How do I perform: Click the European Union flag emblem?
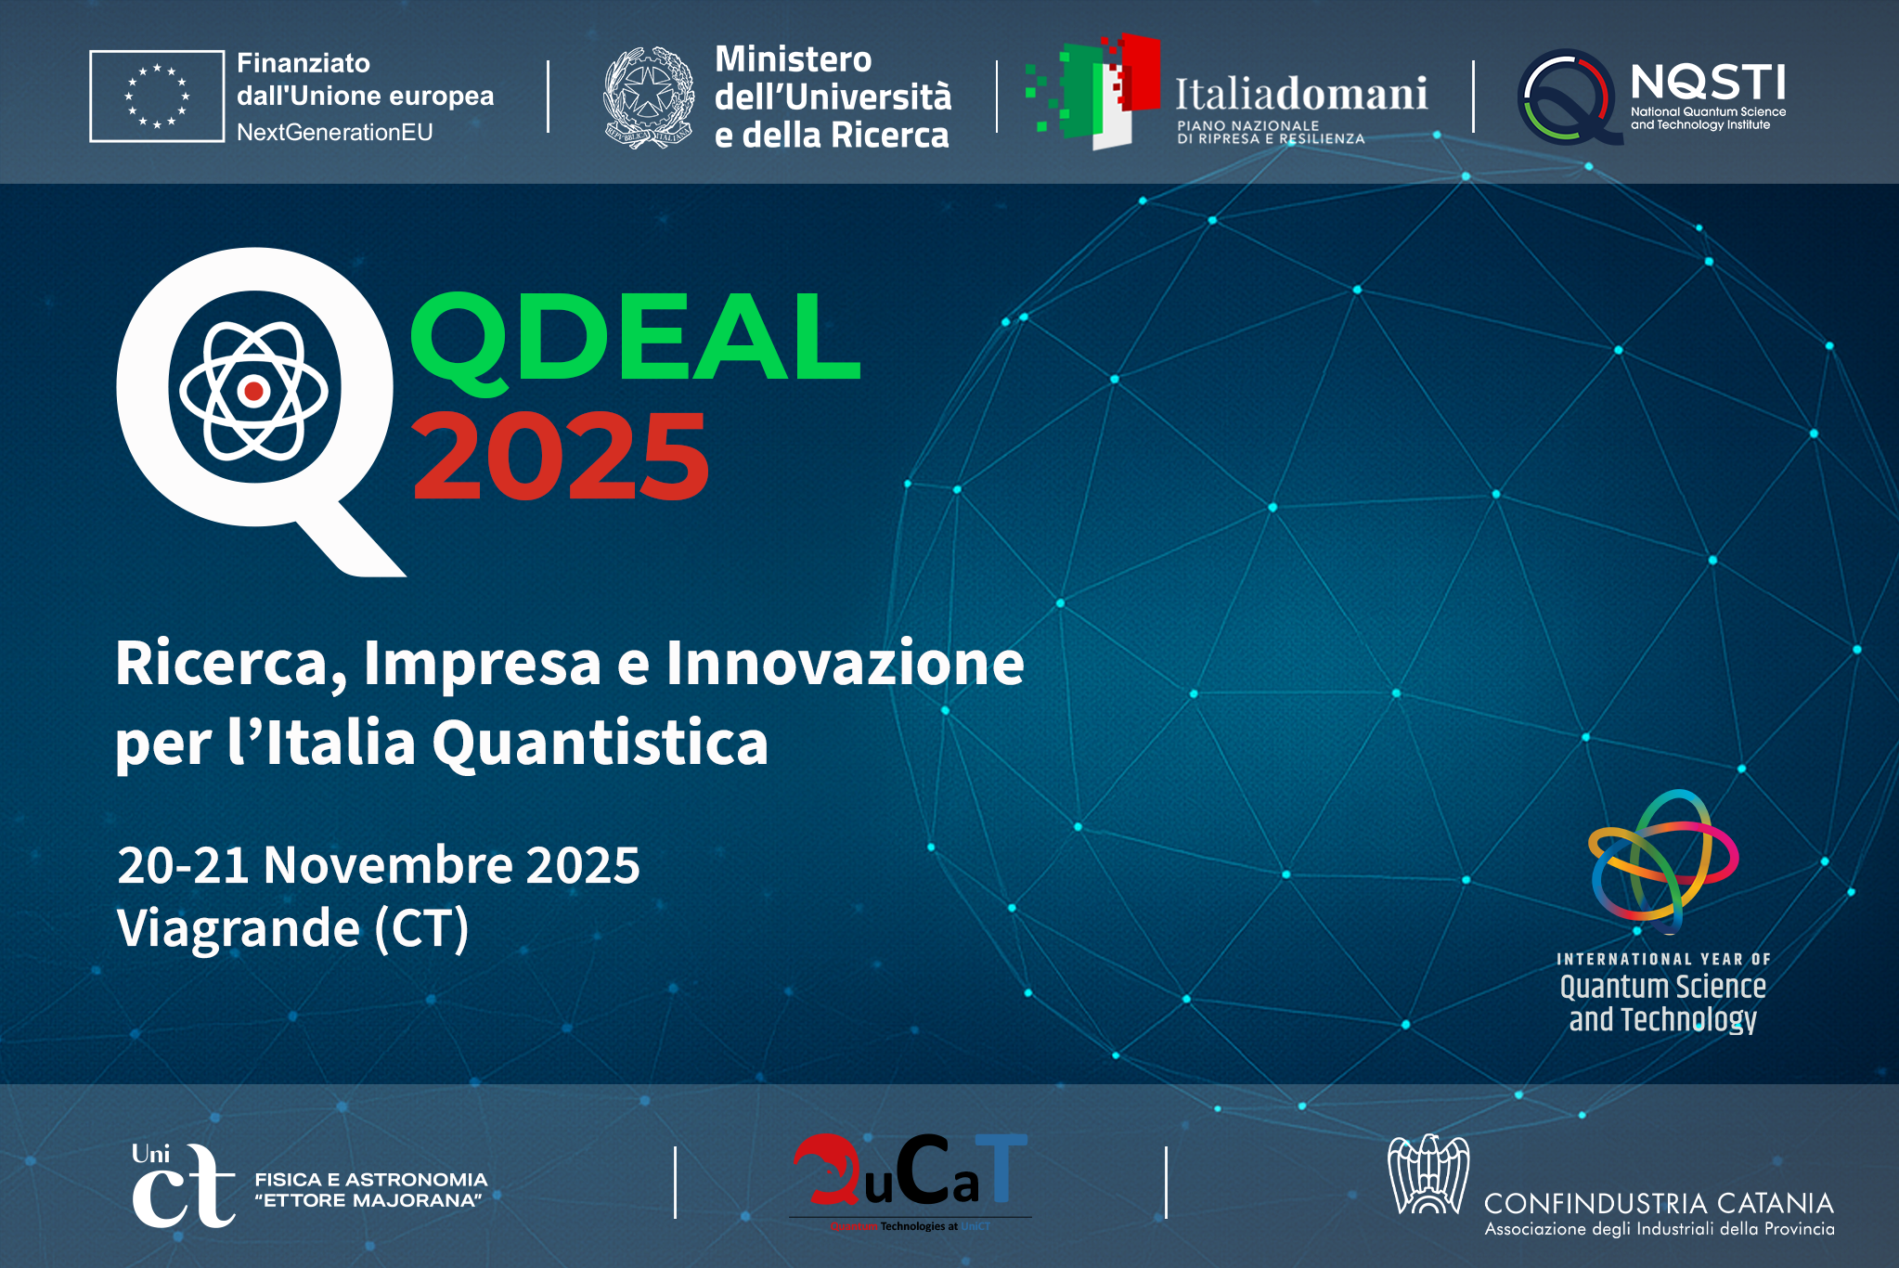(157, 96)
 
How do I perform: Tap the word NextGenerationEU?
(335, 133)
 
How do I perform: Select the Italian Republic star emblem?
(648, 97)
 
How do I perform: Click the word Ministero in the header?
(794, 59)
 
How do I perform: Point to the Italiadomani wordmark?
(1301, 94)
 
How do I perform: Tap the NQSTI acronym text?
(1708, 83)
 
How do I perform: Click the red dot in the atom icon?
(253, 391)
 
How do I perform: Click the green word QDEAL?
(636, 337)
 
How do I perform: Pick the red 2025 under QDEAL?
(560, 457)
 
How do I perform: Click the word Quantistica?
(601, 744)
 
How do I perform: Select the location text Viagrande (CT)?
(293, 928)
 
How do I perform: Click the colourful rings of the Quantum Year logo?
(1661, 859)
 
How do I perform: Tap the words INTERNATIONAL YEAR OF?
(1663, 959)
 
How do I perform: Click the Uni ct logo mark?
(181, 1184)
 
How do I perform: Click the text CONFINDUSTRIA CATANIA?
(1659, 1204)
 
